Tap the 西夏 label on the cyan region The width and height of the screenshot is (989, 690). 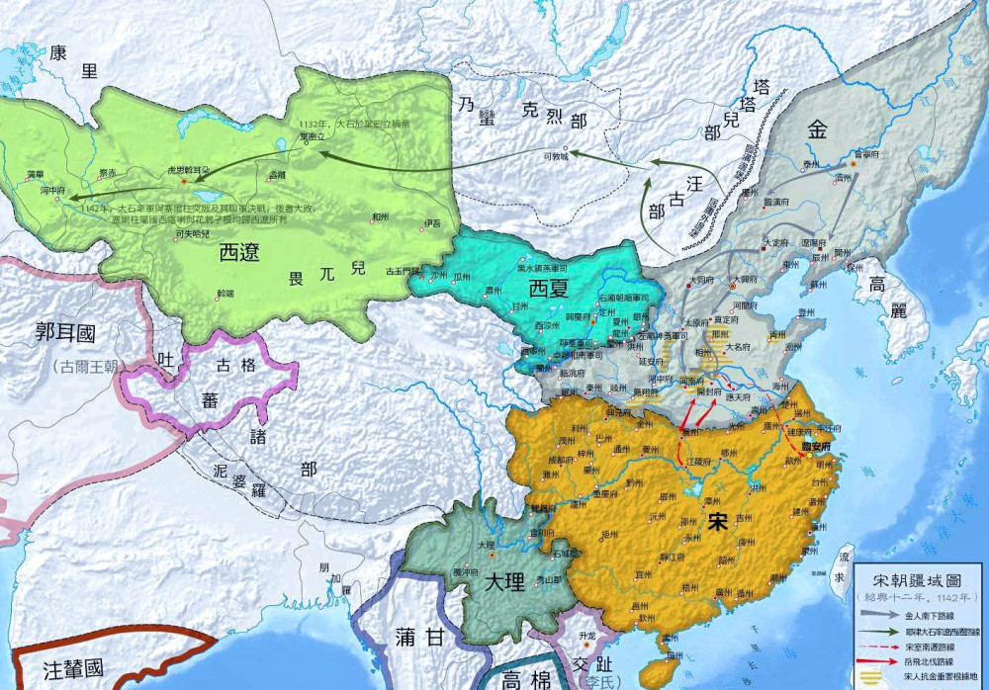pos(550,289)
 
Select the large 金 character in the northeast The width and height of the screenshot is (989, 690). pos(818,129)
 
